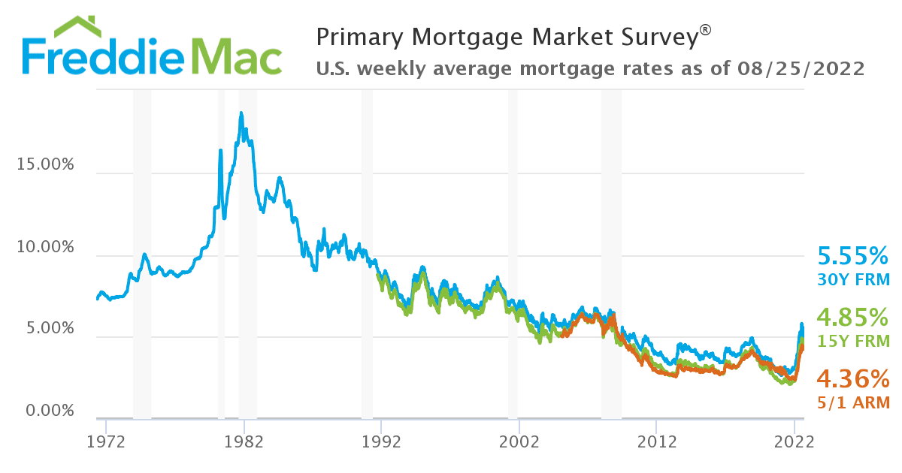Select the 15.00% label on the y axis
tap(45, 164)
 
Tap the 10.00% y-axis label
tap(45, 247)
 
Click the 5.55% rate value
tap(853, 257)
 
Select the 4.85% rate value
tap(853, 316)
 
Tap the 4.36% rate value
tap(853, 378)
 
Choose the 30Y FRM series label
tap(853, 280)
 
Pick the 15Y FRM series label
tap(853, 340)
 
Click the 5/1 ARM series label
tap(853, 402)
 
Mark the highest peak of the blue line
tap(241, 113)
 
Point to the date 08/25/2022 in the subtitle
tap(802, 69)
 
